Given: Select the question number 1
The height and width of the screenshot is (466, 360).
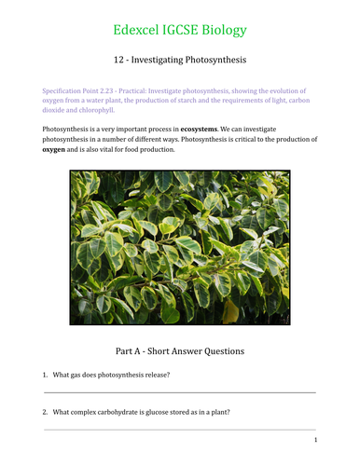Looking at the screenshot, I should (45, 375).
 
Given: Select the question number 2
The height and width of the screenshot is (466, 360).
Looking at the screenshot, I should (45, 411).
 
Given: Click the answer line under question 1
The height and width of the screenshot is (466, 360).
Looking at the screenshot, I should (180, 392).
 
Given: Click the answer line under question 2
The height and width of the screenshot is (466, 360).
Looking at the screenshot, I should (180, 429).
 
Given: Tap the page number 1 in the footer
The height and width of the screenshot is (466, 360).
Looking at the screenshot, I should (316, 440).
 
